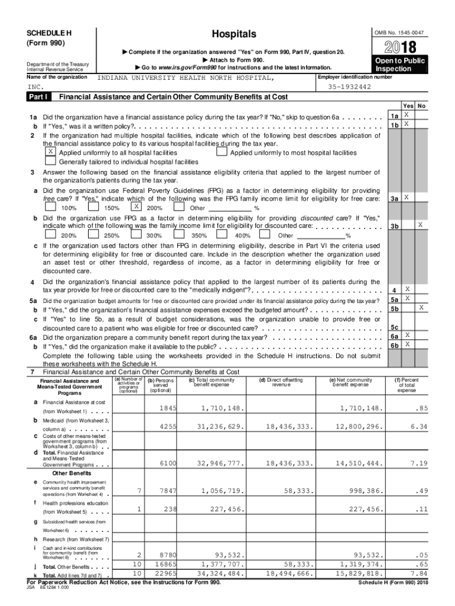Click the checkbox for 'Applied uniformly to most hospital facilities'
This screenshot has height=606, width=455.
click(222, 152)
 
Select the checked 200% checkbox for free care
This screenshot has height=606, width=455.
click(136, 207)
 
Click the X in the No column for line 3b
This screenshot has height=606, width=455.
click(420, 225)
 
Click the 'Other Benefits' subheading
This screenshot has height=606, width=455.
click(72, 473)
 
